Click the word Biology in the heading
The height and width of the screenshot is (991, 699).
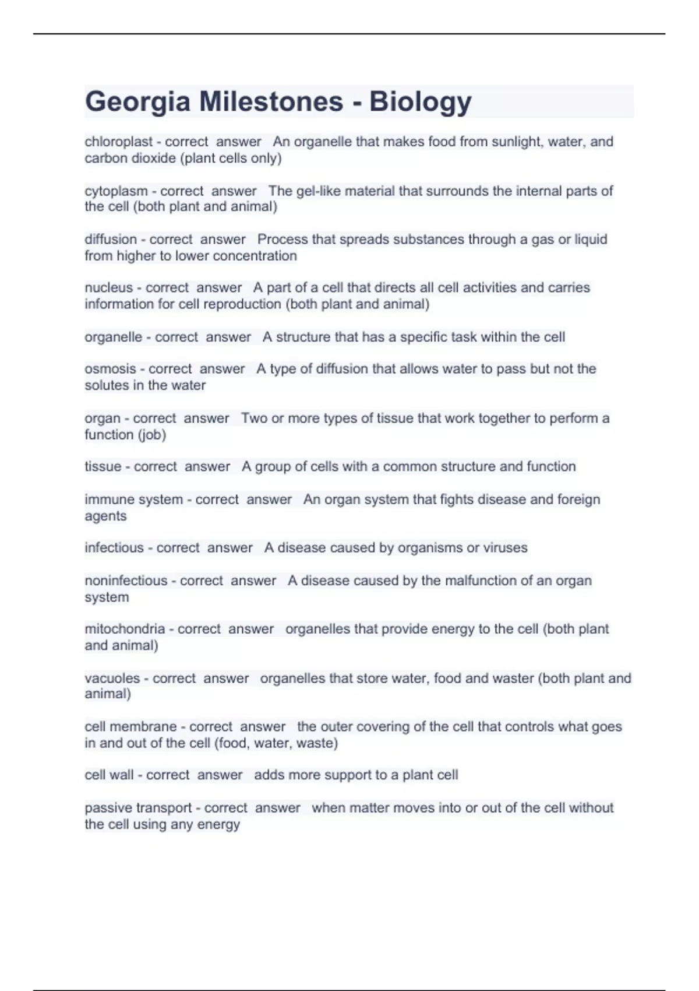tap(420, 102)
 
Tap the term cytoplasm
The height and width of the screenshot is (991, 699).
tap(116, 191)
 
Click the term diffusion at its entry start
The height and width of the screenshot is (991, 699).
tap(111, 240)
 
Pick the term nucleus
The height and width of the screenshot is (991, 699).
tap(109, 288)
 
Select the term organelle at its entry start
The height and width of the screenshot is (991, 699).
tap(114, 337)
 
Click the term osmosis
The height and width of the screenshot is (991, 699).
tap(111, 369)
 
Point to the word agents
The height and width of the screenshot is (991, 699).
tap(105, 516)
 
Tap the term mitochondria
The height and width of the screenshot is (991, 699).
tap(125, 629)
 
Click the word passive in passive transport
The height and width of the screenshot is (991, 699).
tap(108, 808)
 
